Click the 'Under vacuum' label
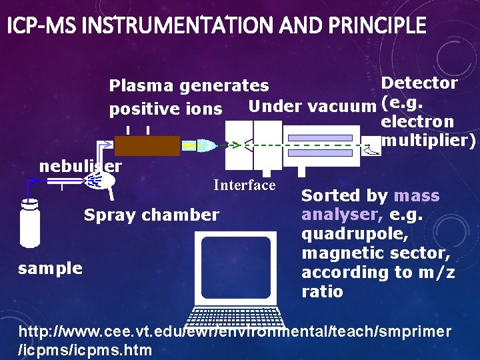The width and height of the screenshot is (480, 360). click(x=311, y=105)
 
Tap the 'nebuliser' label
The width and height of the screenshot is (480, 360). click(x=81, y=166)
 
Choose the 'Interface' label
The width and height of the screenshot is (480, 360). click(x=244, y=185)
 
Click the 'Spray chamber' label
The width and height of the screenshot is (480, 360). click(x=151, y=215)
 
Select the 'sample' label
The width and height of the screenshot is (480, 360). click(x=51, y=268)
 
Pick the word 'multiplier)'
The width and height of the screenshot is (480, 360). click(x=427, y=141)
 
